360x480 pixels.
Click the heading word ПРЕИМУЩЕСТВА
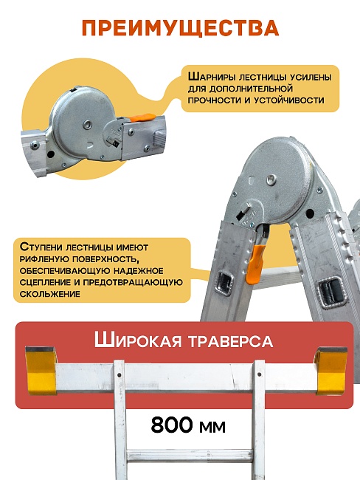[x=180, y=28]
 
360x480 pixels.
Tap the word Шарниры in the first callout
[x=214, y=76]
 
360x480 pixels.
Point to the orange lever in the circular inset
[x=142, y=117]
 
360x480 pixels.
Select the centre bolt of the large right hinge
[x=272, y=178]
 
